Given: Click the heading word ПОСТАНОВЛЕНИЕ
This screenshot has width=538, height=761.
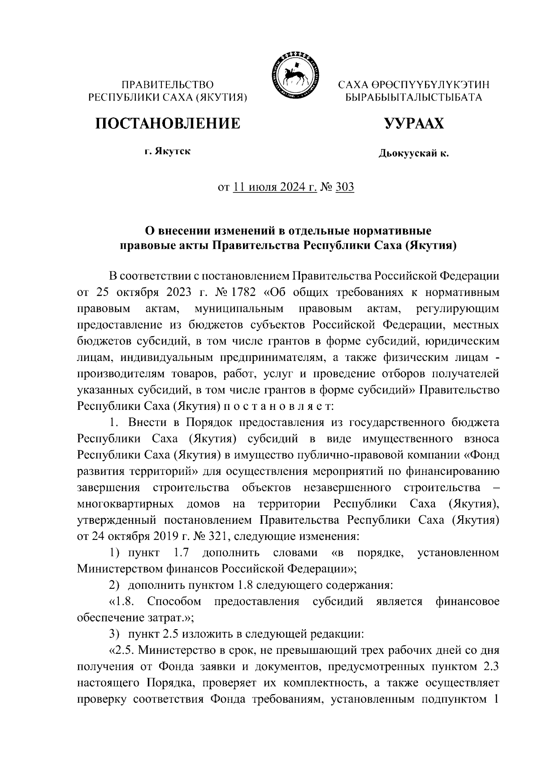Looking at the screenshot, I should point(167,123).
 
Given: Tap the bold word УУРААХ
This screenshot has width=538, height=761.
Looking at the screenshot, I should point(414,123).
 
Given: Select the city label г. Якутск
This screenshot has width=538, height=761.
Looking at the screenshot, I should point(167,152).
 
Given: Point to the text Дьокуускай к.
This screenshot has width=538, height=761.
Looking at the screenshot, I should point(413,154).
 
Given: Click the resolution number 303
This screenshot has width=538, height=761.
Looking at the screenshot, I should point(344,187).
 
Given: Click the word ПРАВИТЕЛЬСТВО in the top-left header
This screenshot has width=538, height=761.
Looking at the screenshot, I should point(168,85).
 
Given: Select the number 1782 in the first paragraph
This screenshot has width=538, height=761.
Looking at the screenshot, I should point(243,293).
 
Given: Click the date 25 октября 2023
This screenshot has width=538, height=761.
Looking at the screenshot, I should point(143,293).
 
